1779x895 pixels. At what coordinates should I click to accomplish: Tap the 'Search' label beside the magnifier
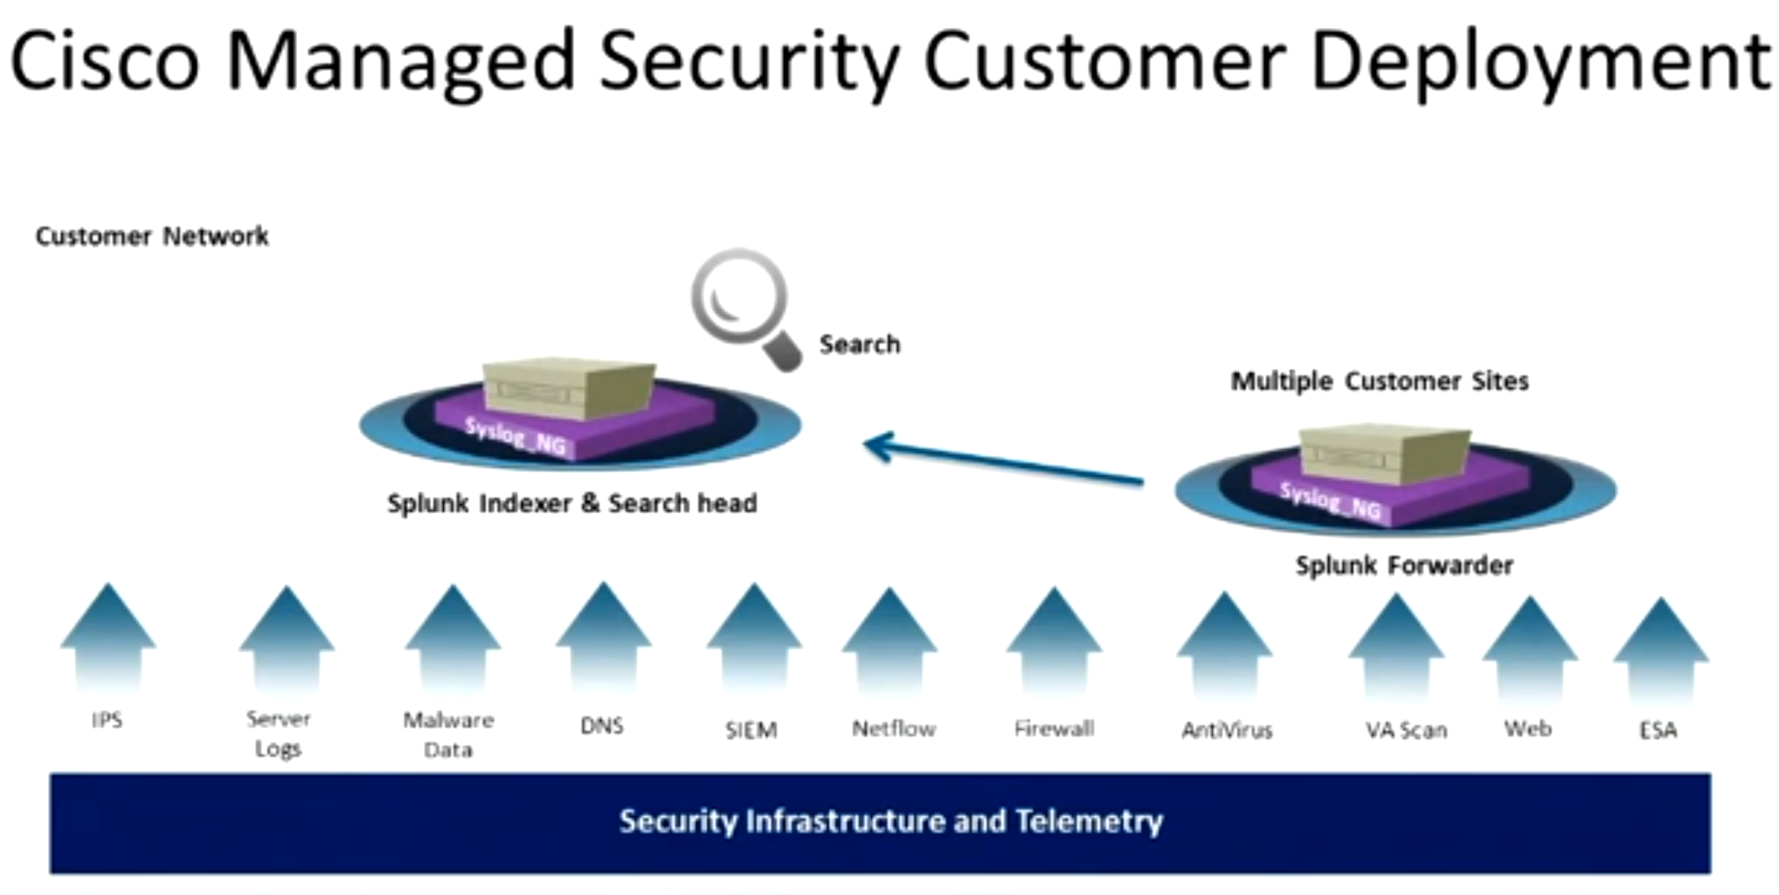[x=860, y=344]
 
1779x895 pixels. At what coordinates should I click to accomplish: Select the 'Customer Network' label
[x=152, y=236]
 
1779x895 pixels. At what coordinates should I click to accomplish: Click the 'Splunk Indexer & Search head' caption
[x=572, y=503]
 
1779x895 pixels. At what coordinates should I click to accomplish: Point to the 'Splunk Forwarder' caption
[x=1404, y=565]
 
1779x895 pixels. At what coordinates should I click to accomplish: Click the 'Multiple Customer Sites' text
[x=1380, y=381]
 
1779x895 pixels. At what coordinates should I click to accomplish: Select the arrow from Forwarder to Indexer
[x=1003, y=461]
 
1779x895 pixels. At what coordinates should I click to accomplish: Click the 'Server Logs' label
[x=278, y=733]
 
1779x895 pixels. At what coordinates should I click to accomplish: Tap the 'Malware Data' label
[x=448, y=734]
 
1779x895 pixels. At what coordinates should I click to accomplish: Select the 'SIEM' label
[x=751, y=730]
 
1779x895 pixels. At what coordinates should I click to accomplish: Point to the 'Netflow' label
[x=893, y=728]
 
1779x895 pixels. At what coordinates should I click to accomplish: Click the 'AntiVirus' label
[x=1227, y=730]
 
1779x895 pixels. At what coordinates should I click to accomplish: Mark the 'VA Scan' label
[x=1406, y=730]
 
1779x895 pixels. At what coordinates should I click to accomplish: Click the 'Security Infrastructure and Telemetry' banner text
[x=891, y=822]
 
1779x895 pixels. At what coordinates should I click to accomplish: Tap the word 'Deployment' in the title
[x=1541, y=63]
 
